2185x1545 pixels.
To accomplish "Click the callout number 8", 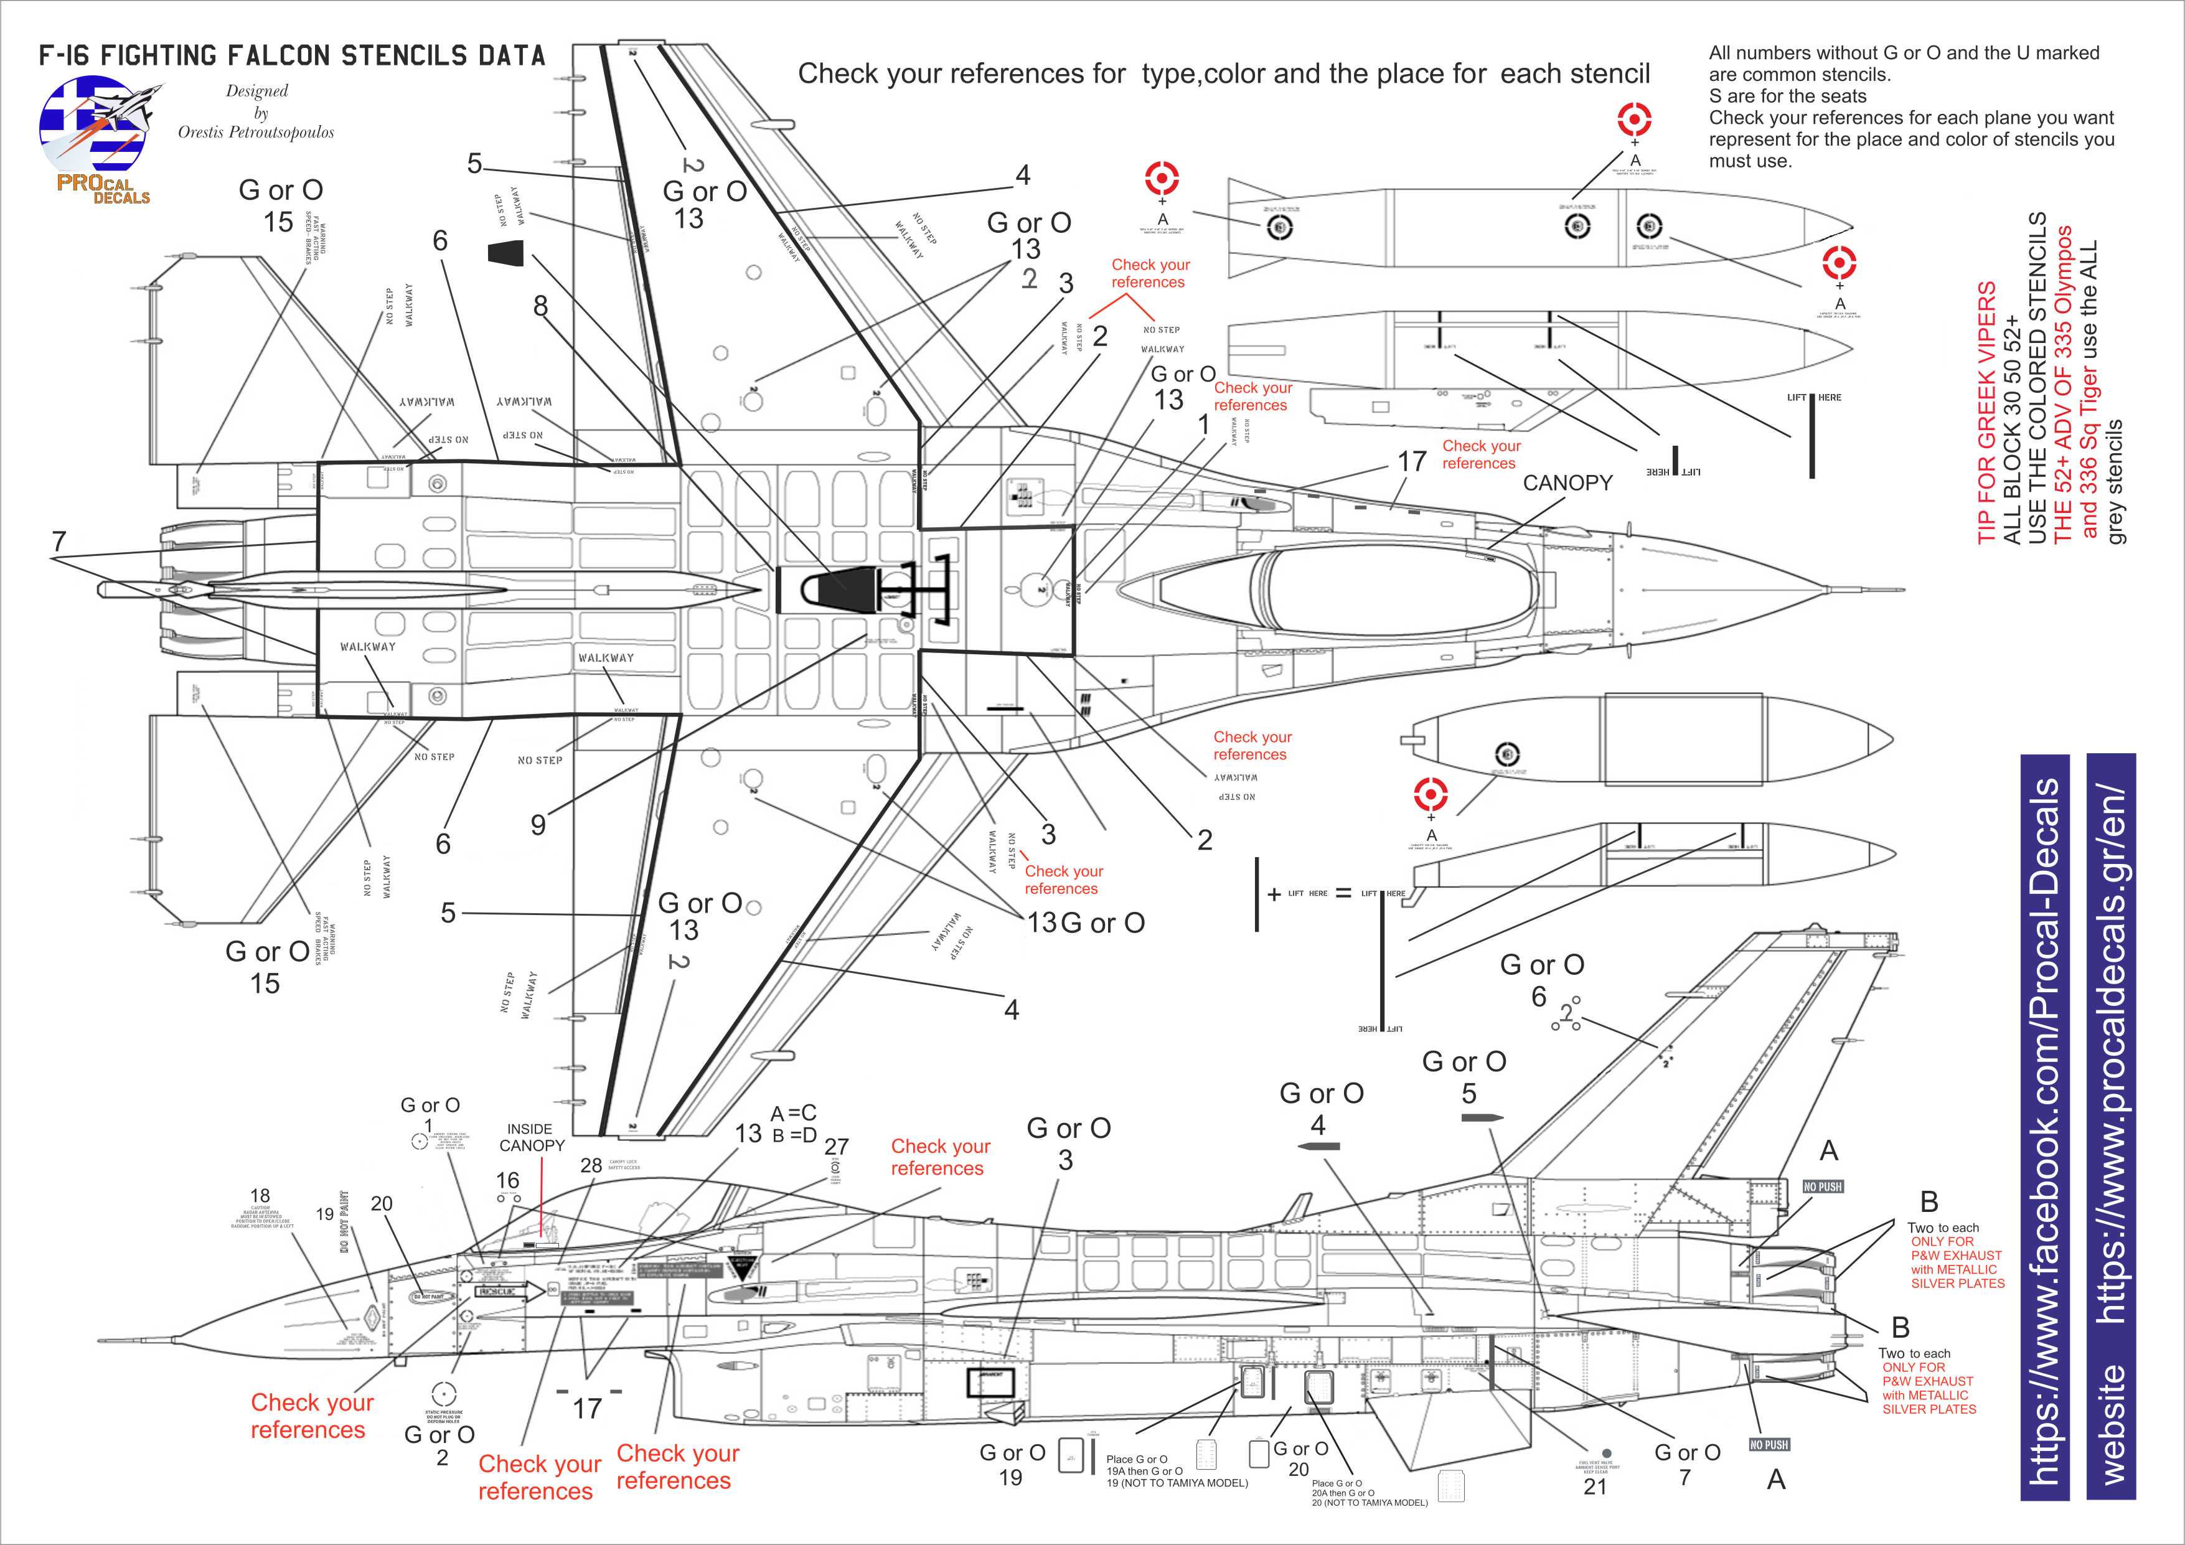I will [x=540, y=306].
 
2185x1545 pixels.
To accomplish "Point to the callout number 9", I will [x=538, y=825].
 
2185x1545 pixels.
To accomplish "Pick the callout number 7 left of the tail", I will [x=59, y=542].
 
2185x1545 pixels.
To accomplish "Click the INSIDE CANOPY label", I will [x=532, y=1137].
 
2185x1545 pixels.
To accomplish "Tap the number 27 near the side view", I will [x=835, y=1147].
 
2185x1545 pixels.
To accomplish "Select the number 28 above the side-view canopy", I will [x=591, y=1165].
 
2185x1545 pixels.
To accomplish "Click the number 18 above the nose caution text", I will [x=260, y=1196].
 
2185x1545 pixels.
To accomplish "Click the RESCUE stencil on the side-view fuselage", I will [x=497, y=1291].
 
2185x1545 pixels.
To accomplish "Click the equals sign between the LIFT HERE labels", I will [x=1343, y=893].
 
